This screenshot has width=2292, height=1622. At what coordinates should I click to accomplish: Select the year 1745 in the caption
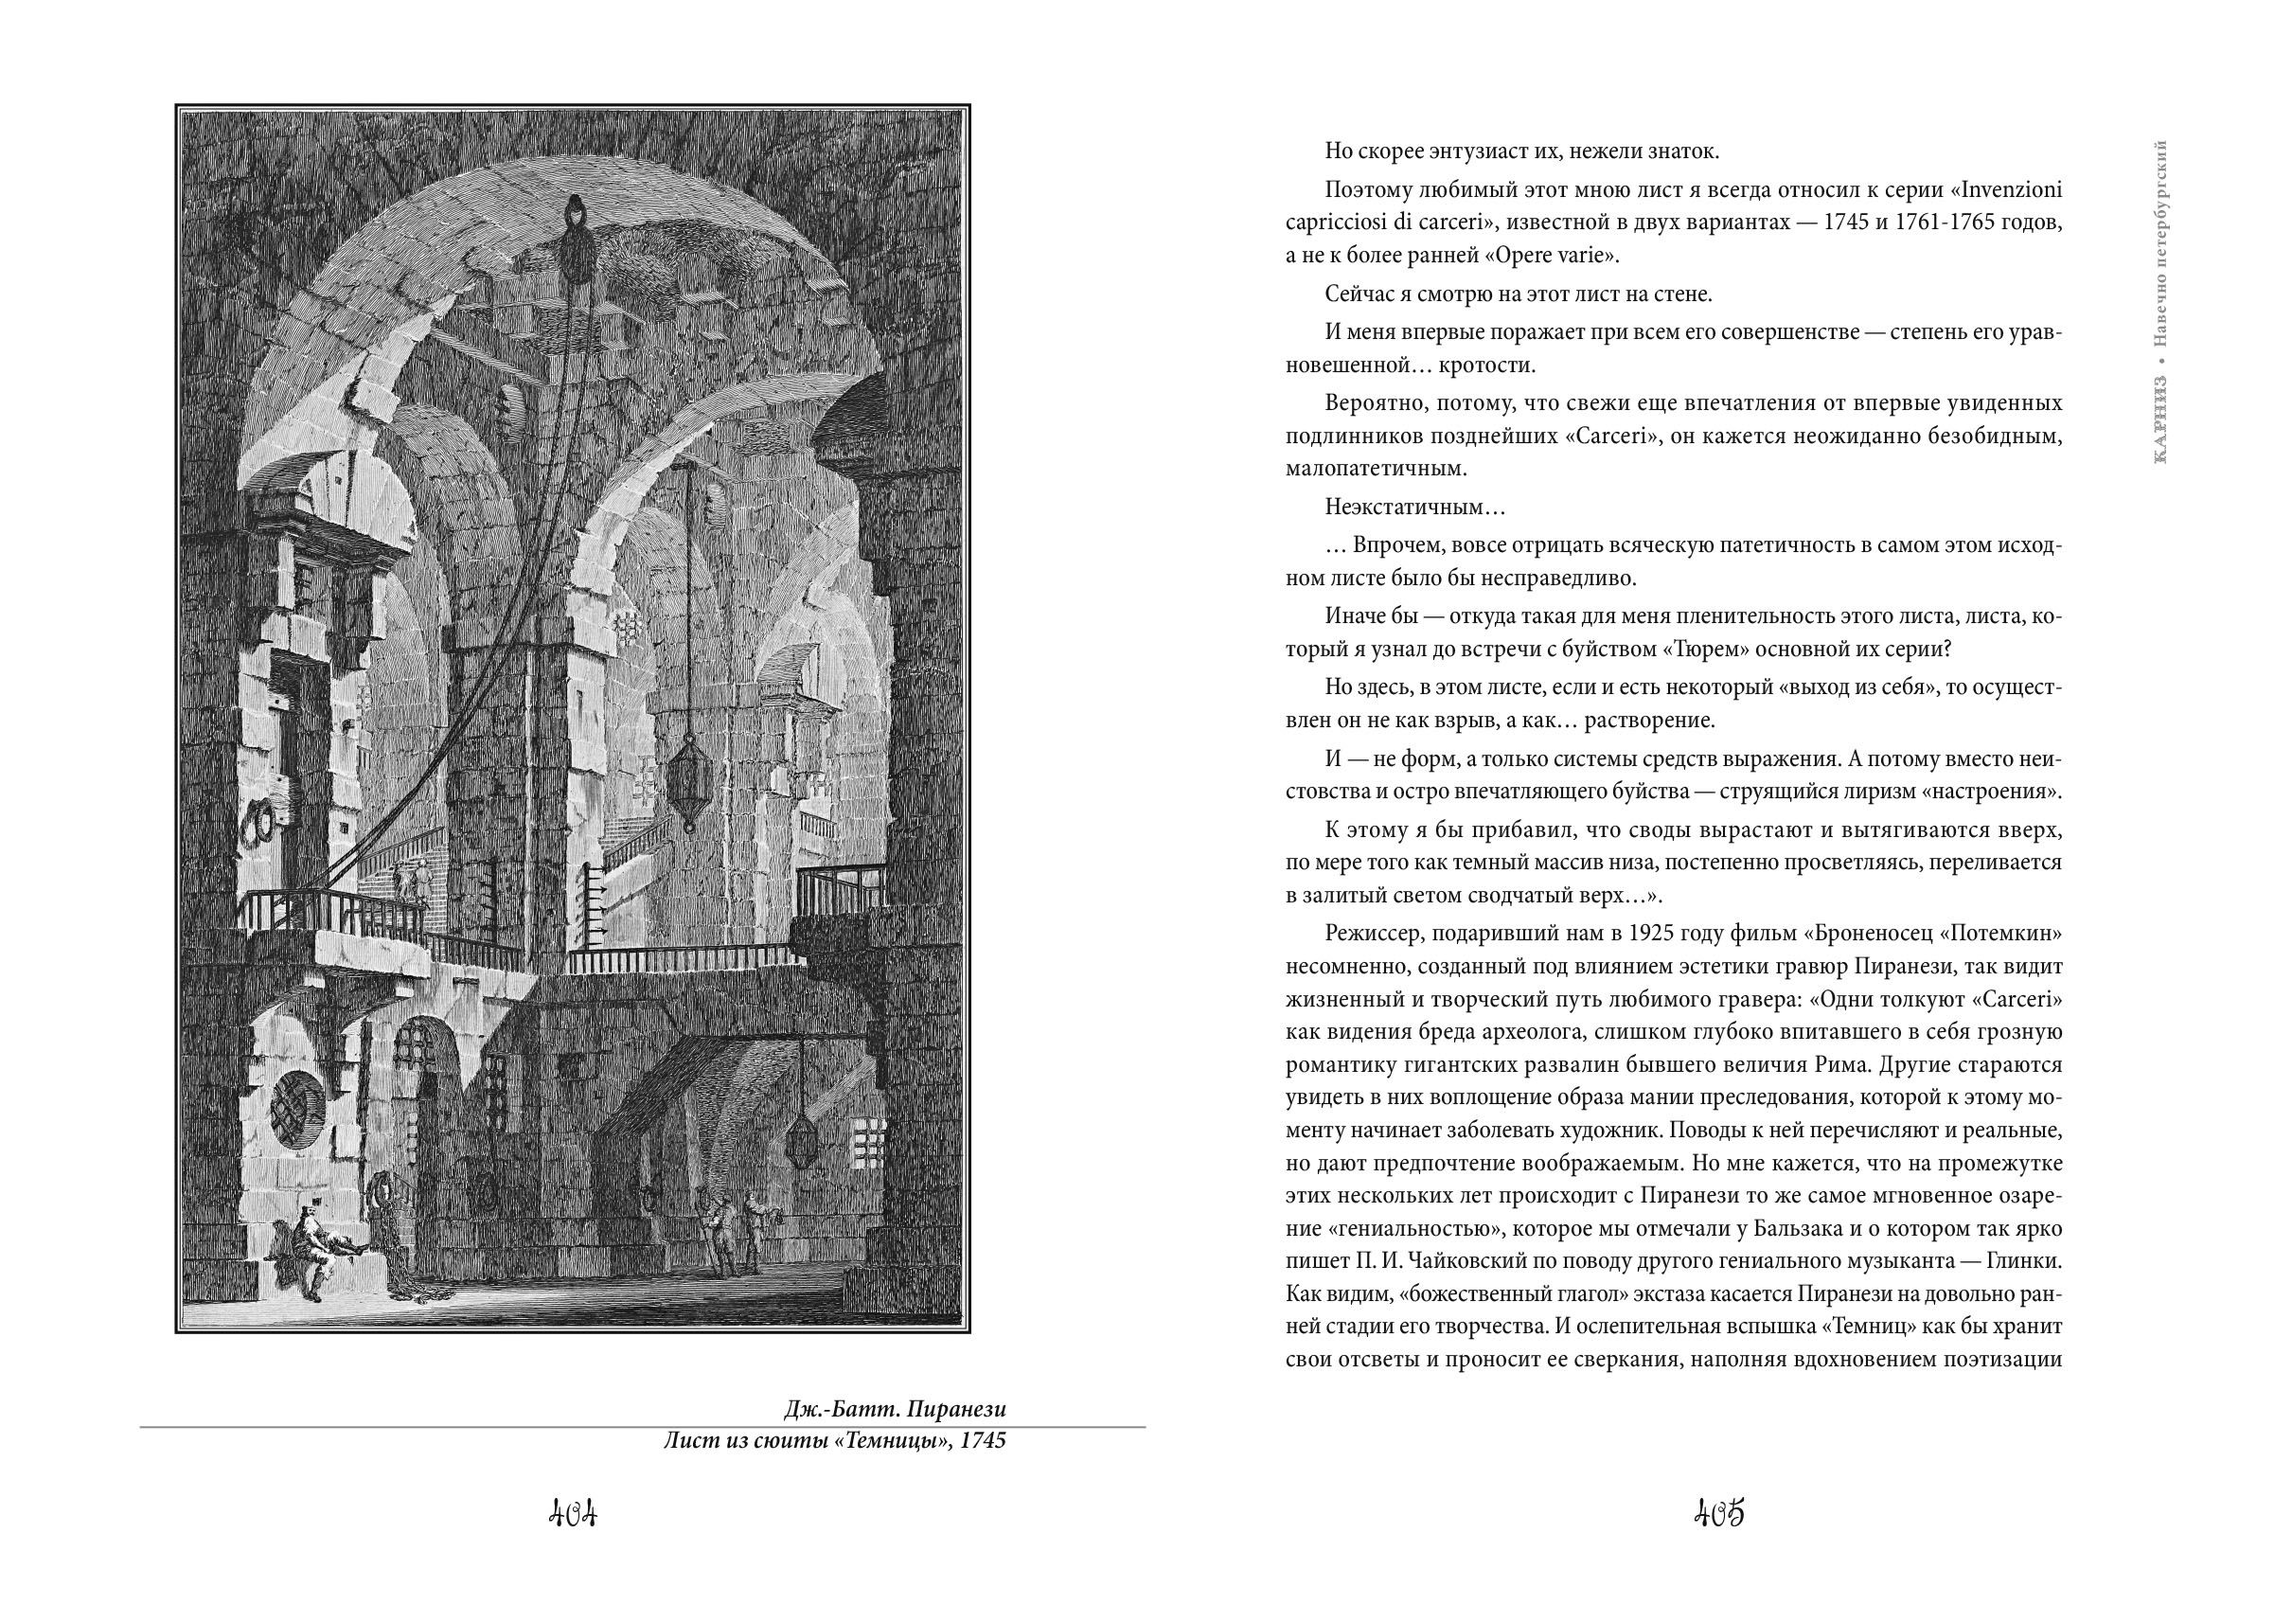coord(981,1441)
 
